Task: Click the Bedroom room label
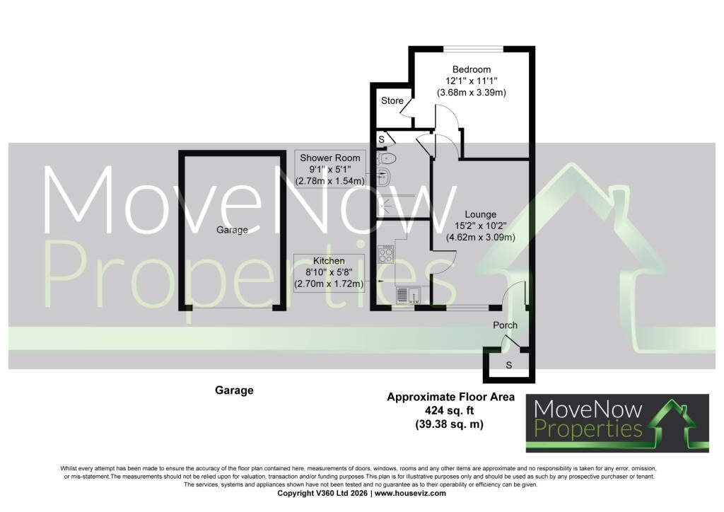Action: (x=472, y=70)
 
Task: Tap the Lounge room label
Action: (x=480, y=215)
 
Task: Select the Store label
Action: (x=392, y=100)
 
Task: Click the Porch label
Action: (x=505, y=325)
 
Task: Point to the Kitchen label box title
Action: (x=329, y=261)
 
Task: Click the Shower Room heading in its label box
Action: (x=330, y=158)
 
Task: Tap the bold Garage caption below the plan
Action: (x=234, y=390)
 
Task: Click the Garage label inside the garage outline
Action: (x=232, y=230)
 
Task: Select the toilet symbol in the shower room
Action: (x=387, y=159)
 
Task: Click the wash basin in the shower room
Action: (x=384, y=176)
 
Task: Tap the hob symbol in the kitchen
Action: (x=385, y=254)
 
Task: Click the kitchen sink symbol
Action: (x=407, y=294)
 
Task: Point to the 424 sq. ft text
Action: (x=450, y=410)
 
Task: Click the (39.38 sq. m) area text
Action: (x=449, y=424)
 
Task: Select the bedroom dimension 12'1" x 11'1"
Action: (x=471, y=81)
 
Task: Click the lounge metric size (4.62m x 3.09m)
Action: (x=480, y=238)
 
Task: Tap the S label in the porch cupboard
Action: (x=509, y=365)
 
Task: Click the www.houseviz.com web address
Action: (x=410, y=493)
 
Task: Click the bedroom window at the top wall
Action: (x=473, y=48)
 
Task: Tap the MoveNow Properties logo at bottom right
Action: (x=617, y=423)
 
